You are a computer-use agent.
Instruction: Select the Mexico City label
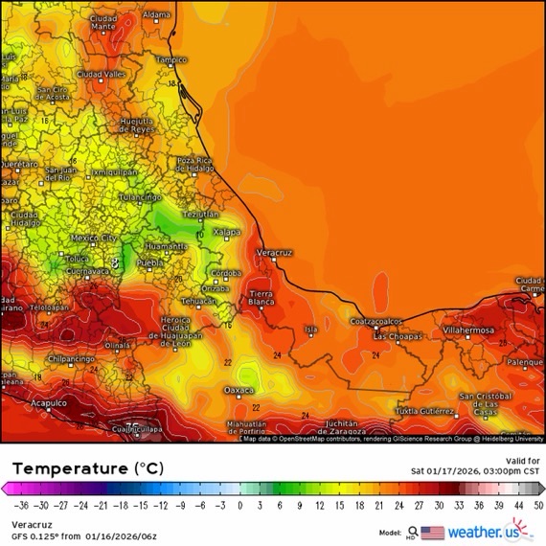tap(94, 238)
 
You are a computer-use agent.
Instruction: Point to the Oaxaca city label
tap(239, 390)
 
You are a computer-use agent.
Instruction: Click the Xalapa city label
tap(226, 232)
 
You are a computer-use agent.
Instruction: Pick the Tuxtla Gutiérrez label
tap(426, 411)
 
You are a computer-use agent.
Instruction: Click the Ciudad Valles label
tap(102, 74)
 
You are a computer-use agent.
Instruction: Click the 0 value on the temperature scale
tap(239, 505)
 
